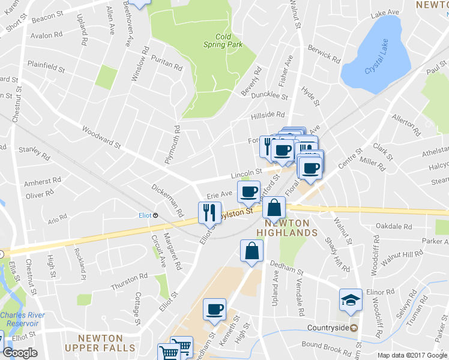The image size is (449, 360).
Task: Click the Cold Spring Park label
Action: click(x=223, y=41)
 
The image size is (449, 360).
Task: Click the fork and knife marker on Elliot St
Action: click(x=209, y=212)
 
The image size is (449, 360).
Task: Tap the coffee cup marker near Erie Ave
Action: click(x=249, y=192)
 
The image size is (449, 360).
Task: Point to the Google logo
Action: click(x=20, y=353)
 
